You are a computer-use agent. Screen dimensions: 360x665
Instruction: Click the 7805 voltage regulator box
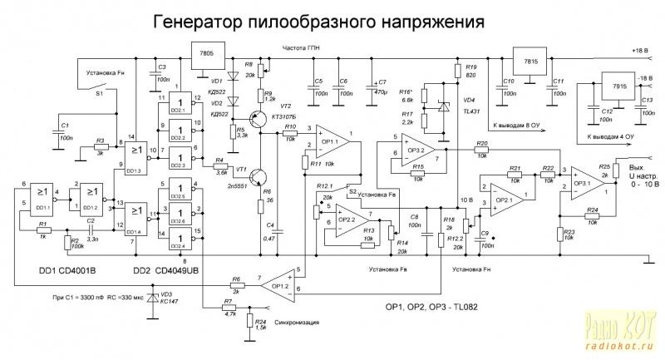(x=207, y=57)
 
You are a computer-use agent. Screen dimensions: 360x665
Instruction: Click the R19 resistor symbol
(x=456, y=71)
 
